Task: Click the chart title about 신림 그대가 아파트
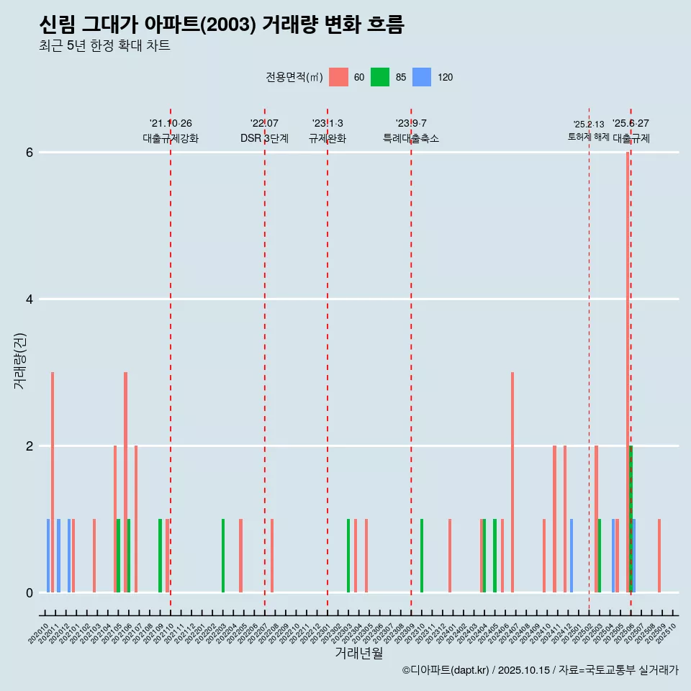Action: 222,25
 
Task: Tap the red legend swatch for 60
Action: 338,77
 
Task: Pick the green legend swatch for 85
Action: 380,77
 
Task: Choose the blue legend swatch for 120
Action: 422,77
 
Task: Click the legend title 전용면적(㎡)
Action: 294,77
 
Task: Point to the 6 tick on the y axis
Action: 30,153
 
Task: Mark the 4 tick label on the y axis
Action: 30,299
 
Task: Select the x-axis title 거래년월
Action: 358,653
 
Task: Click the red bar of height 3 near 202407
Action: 512,482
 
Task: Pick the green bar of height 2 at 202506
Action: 631,518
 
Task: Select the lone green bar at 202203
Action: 223,556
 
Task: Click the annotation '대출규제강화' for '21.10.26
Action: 170,138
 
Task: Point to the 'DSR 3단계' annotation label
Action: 264,138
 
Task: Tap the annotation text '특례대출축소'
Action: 410,138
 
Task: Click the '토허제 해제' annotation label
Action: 588,137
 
